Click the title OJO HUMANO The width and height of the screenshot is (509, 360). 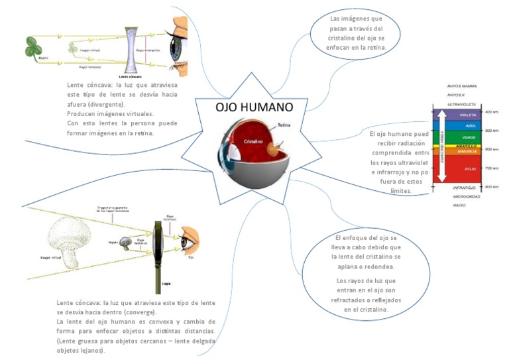click(x=254, y=107)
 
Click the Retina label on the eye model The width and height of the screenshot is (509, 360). click(x=284, y=125)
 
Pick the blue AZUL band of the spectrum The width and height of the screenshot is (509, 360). click(x=469, y=125)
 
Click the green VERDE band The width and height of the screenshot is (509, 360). click(x=469, y=137)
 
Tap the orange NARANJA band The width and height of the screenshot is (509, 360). click(x=469, y=151)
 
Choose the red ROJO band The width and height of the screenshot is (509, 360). click(x=470, y=169)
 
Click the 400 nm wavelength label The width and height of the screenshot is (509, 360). click(x=491, y=111)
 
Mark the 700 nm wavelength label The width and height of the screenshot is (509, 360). click(x=491, y=168)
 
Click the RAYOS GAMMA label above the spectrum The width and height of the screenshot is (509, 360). click(x=462, y=86)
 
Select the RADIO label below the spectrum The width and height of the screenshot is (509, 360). click(x=459, y=206)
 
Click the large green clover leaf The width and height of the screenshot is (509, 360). click(x=34, y=47)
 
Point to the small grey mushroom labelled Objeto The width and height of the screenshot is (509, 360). click(x=125, y=243)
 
